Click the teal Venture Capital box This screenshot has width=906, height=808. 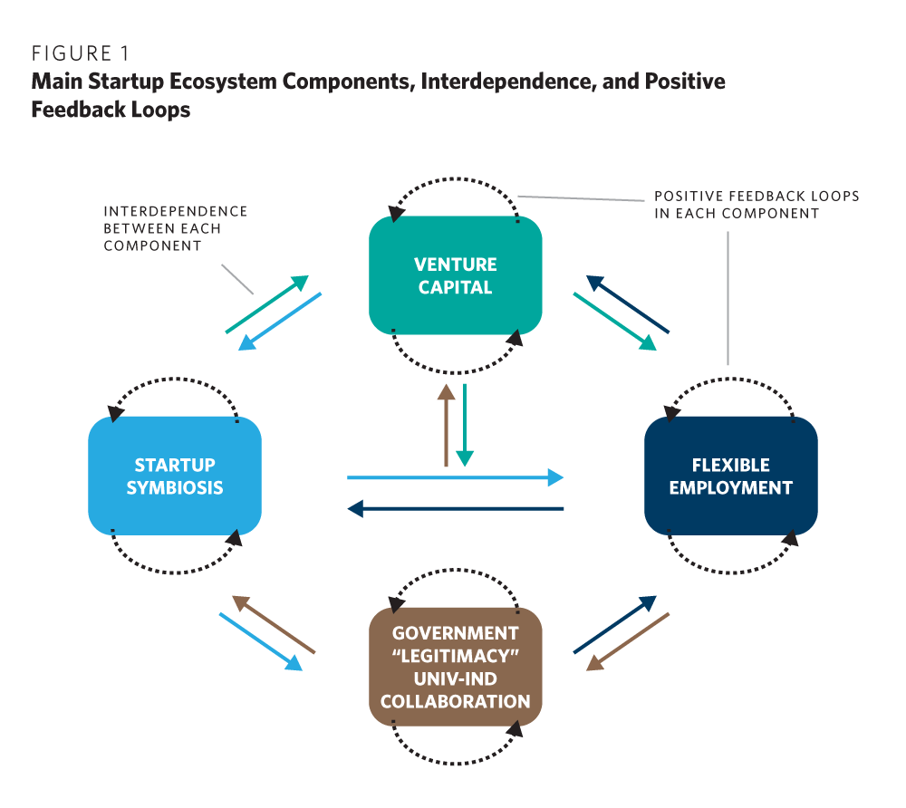point(455,276)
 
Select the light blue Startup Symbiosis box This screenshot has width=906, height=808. point(175,476)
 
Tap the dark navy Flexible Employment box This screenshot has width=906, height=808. point(730,476)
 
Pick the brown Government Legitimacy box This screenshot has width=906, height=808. point(455,667)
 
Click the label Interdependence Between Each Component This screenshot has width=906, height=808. point(175,228)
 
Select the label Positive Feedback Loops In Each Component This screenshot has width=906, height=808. point(756,205)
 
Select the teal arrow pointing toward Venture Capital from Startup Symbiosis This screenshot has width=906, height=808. point(267,304)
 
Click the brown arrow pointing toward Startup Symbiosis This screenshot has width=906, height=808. point(274,624)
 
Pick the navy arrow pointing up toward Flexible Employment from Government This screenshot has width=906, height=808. point(615,624)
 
